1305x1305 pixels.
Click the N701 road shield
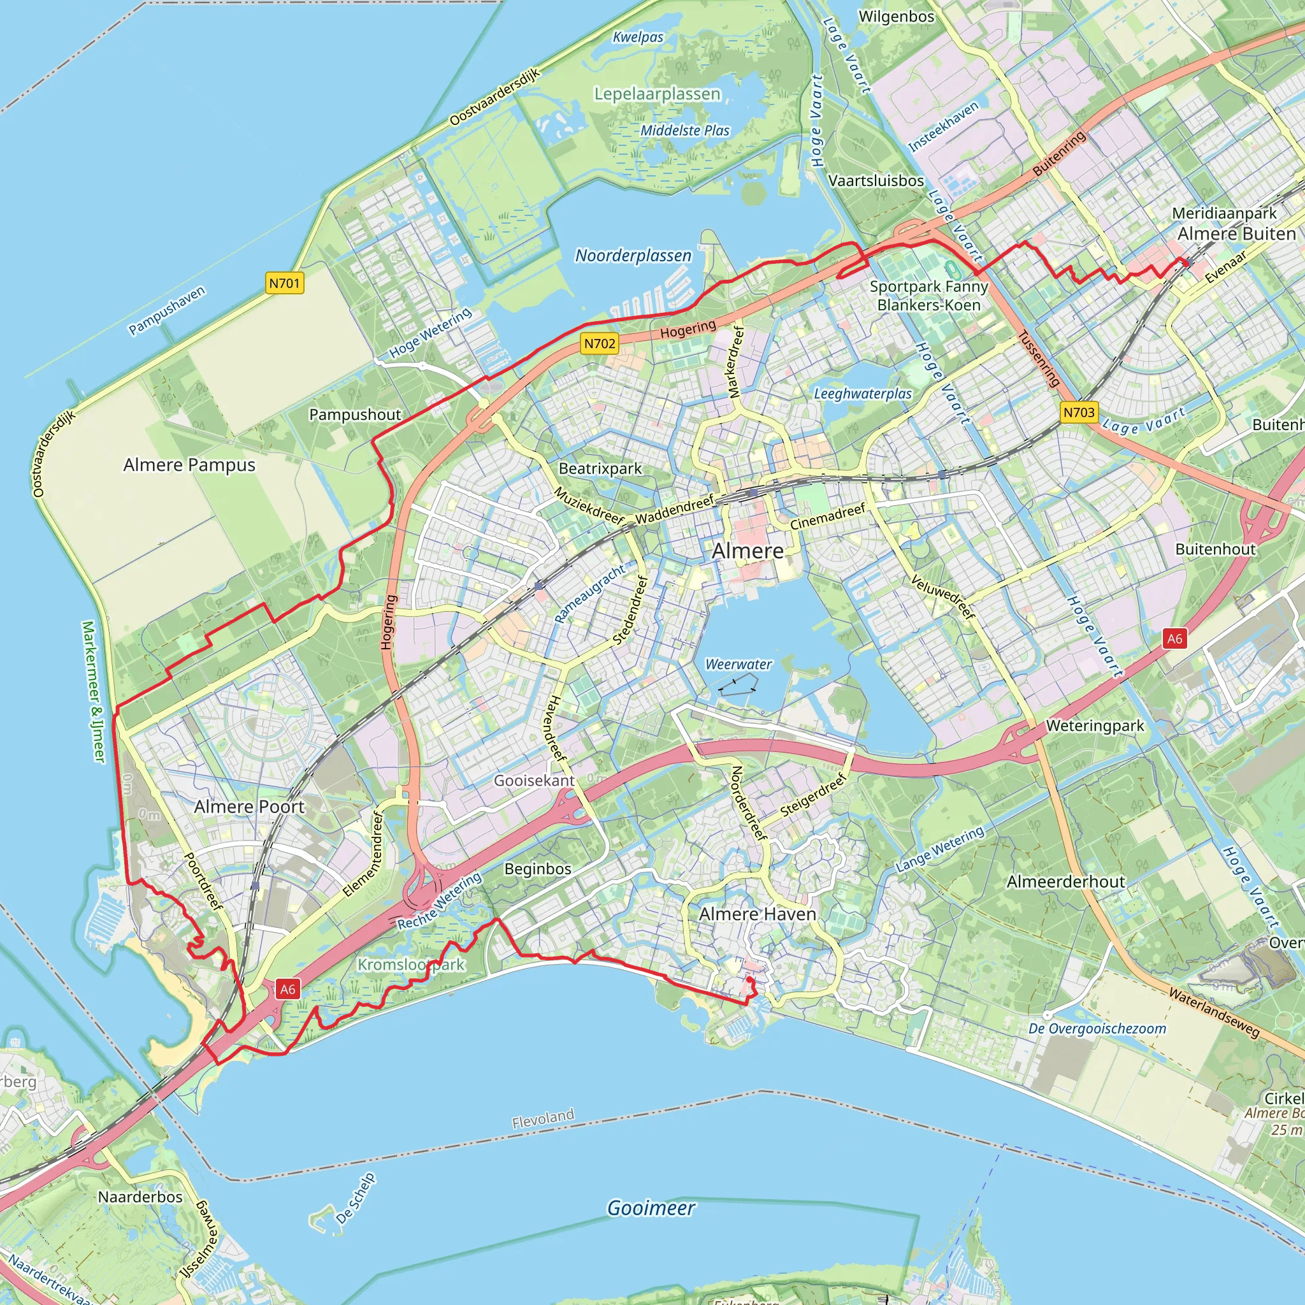284,283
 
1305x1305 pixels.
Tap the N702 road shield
599,343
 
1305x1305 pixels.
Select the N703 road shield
1078,412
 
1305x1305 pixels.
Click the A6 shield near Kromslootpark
288,990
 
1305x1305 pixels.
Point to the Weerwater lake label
739,665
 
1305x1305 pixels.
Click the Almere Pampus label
189,465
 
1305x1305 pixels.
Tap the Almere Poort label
249,807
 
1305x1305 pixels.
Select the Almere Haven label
757,914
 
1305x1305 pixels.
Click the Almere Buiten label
1236,234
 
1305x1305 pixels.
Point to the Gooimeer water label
651,1208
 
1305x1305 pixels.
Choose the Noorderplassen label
633,256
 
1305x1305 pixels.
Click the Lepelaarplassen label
657,94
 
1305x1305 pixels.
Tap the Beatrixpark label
600,468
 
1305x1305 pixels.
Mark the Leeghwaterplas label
863,394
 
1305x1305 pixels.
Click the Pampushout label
355,415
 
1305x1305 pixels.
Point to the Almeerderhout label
1065,881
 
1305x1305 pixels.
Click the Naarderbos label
140,1197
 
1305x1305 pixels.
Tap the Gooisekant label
533,780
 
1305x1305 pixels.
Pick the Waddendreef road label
674,508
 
